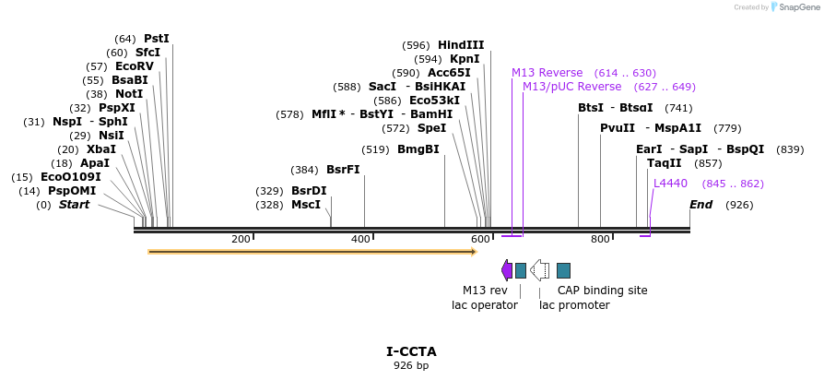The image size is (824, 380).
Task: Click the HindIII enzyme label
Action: coord(460,44)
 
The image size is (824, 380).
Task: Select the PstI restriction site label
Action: coord(157,39)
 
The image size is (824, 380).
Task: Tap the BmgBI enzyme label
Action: coord(418,149)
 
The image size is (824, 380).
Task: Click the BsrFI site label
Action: coord(343,170)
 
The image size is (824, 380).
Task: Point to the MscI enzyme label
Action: coord(306,204)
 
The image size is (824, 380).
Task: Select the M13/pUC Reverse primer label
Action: coord(571,87)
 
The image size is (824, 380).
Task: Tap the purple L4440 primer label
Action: coord(670,184)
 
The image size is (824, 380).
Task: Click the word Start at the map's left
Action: coord(74,204)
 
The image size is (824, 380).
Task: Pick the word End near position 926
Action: coord(700,204)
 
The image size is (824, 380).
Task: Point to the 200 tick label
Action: coord(241,240)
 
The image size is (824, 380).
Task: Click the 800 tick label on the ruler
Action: coord(600,240)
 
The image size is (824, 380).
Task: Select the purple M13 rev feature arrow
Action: coord(507,270)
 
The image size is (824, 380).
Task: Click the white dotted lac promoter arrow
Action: coord(539,270)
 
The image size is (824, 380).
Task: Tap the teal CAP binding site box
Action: coord(563,270)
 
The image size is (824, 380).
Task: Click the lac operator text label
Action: coord(484,305)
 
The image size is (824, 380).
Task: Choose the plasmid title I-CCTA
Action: coord(411,351)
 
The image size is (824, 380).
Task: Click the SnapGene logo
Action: coord(792,7)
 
